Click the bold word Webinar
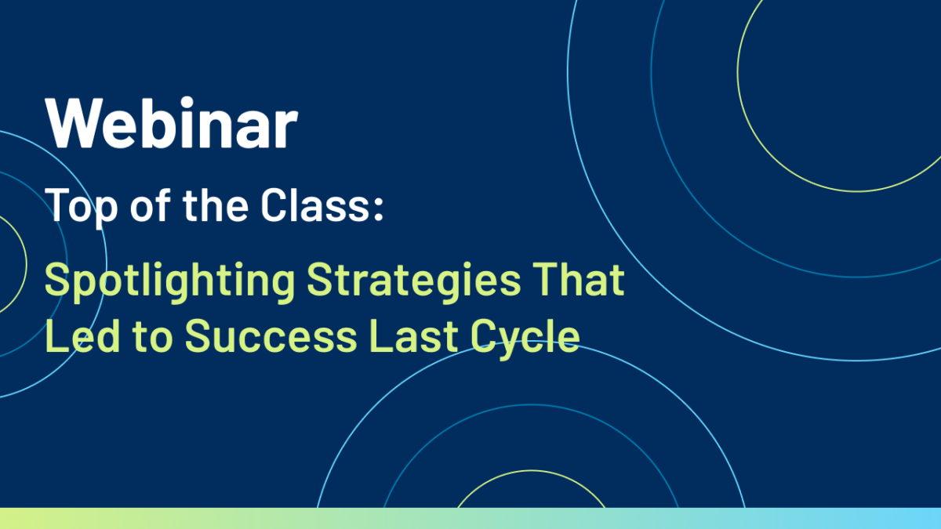172,122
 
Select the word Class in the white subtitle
315,205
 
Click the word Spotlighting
170,282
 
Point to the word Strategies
414,282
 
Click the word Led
83,335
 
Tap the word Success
271,335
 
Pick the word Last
413,335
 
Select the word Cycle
525,339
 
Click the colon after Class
379,208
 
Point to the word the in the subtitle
216,205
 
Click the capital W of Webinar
74,124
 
